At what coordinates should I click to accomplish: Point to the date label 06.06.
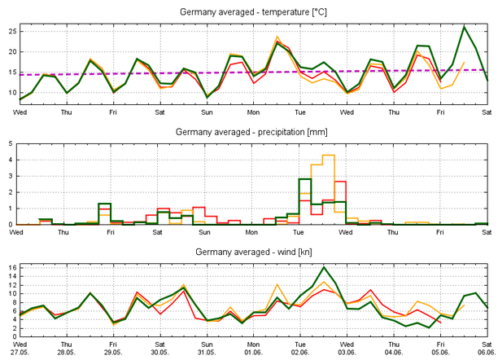click(x=487, y=353)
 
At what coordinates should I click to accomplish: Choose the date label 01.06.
click(x=253, y=353)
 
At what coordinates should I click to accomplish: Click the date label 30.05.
click(x=160, y=353)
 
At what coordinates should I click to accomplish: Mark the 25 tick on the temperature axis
click(x=11, y=31)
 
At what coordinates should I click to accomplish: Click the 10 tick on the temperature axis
click(x=11, y=92)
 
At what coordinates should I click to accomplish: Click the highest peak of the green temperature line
click(x=464, y=27)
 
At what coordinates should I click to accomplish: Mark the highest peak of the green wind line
click(x=324, y=267)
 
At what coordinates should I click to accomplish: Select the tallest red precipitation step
click(x=341, y=182)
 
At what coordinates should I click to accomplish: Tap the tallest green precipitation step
click(x=305, y=178)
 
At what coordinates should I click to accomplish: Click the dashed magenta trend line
click(x=244, y=72)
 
